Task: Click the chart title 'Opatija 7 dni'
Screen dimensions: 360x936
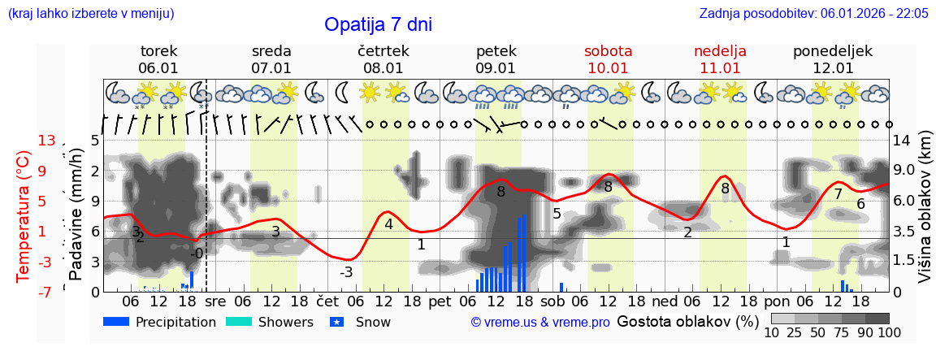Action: click(378, 24)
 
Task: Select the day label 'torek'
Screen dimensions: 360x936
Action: click(158, 51)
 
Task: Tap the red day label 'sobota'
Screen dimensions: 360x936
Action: click(608, 51)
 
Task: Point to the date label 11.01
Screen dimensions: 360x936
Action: click(720, 68)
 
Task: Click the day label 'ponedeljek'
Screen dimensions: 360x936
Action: click(833, 51)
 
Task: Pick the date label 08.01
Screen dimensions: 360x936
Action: click(383, 68)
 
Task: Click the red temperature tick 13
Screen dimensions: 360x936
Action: click(46, 141)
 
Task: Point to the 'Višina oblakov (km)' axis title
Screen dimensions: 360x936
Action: click(925, 208)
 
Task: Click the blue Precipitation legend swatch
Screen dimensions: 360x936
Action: click(116, 322)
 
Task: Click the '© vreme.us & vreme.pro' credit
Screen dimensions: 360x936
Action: click(540, 323)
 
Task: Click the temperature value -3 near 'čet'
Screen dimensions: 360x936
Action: click(346, 272)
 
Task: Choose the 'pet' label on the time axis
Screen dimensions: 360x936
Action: click(440, 301)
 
